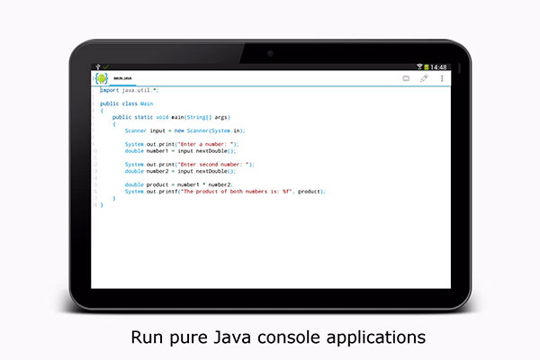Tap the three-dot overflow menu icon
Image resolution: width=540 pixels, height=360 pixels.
[x=441, y=78]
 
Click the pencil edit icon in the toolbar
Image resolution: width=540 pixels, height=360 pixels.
[x=424, y=78]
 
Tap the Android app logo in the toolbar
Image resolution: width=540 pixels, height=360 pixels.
[x=101, y=79]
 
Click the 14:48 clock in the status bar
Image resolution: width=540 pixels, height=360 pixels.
[x=438, y=67]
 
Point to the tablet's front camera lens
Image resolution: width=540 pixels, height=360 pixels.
[x=270, y=53]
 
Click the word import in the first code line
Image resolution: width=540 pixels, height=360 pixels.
[x=109, y=90]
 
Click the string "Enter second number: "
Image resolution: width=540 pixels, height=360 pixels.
[x=219, y=164]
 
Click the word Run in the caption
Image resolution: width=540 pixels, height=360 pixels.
[x=149, y=338]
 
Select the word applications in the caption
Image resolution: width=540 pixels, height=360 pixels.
[x=377, y=339]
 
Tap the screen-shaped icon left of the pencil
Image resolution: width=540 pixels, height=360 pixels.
[x=406, y=78]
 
